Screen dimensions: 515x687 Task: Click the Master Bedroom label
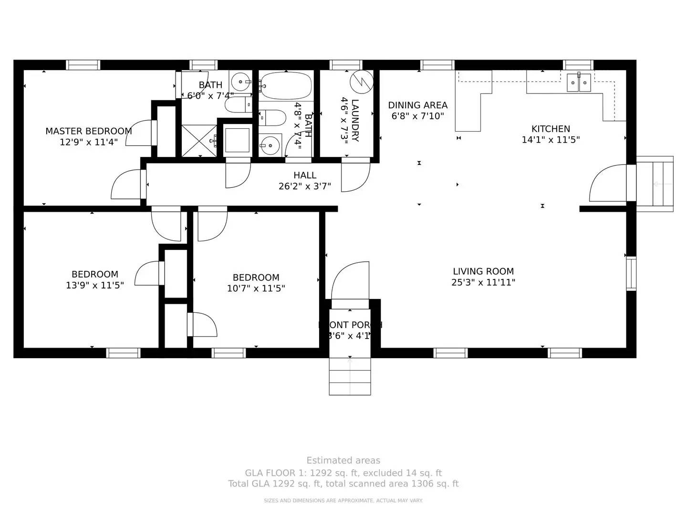(x=88, y=131)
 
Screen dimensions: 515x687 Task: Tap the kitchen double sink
(x=578, y=82)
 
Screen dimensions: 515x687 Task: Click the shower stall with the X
(x=199, y=141)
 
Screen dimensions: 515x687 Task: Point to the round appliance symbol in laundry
(x=361, y=82)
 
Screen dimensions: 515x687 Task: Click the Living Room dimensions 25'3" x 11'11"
(x=483, y=282)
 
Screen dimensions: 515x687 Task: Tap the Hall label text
(x=305, y=175)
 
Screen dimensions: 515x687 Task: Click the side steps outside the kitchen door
(x=655, y=184)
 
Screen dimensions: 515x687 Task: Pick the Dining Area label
(x=417, y=105)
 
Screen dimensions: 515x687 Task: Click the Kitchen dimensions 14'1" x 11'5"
(x=551, y=140)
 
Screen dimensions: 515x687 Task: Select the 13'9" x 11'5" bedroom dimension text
(x=95, y=285)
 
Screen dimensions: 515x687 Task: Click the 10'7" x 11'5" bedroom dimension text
(x=256, y=288)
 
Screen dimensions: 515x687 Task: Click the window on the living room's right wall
(x=631, y=274)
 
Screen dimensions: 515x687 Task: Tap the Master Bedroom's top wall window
(x=83, y=65)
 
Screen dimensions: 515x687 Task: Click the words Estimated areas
(x=343, y=461)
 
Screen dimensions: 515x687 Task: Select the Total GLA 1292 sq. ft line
(x=343, y=484)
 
